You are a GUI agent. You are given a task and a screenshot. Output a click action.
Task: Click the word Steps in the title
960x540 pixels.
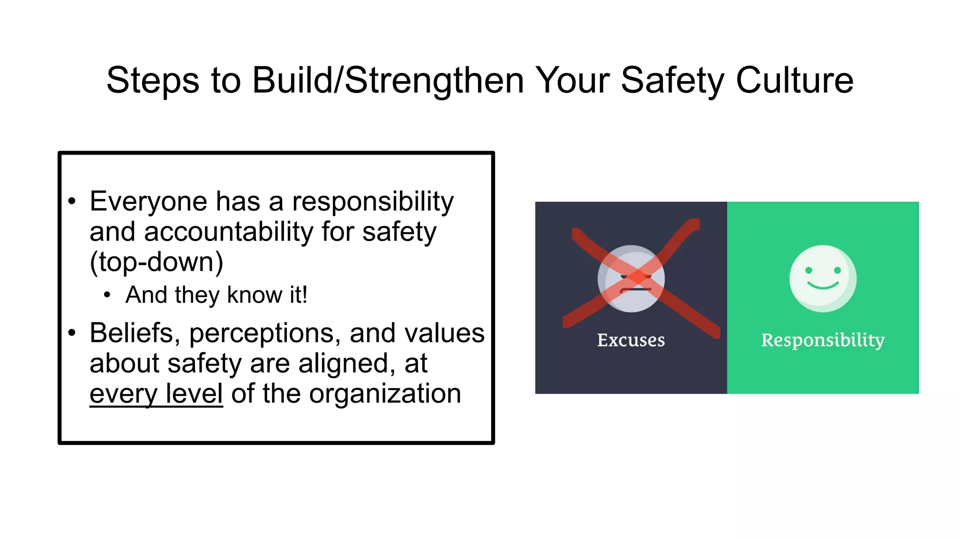tap(153, 81)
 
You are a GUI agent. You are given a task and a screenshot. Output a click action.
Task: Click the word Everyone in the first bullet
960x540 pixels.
tap(148, 202)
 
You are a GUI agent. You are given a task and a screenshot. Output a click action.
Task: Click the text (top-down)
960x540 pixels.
tap(156, 262)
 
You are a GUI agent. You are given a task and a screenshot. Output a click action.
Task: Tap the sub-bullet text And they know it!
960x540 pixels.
tap(216, 295)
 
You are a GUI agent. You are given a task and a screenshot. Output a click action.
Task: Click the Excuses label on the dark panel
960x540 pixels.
tap(630, 340)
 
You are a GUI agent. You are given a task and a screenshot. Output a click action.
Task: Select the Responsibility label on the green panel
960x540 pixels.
tap(823, 340)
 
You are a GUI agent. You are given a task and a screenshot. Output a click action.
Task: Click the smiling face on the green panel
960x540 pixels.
tap(823, 278)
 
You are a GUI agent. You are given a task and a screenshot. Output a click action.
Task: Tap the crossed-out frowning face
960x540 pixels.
tap(631, 278)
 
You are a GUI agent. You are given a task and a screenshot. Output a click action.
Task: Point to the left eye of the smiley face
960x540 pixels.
tap(809, 270)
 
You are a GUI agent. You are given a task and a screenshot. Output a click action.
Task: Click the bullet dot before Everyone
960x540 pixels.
tap(72, 202)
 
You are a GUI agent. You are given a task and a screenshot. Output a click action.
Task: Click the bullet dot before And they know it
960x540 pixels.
tap(107, 295)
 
